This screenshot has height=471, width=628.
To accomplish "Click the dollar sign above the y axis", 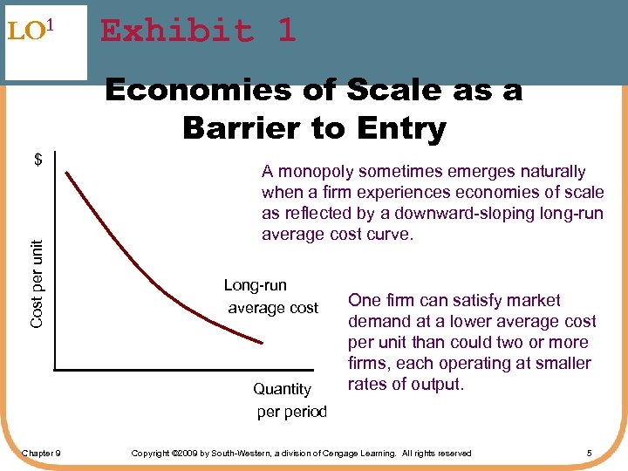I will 38,160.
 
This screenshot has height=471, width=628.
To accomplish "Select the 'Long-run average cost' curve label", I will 271,297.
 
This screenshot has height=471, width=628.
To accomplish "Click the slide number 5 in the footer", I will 590,453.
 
